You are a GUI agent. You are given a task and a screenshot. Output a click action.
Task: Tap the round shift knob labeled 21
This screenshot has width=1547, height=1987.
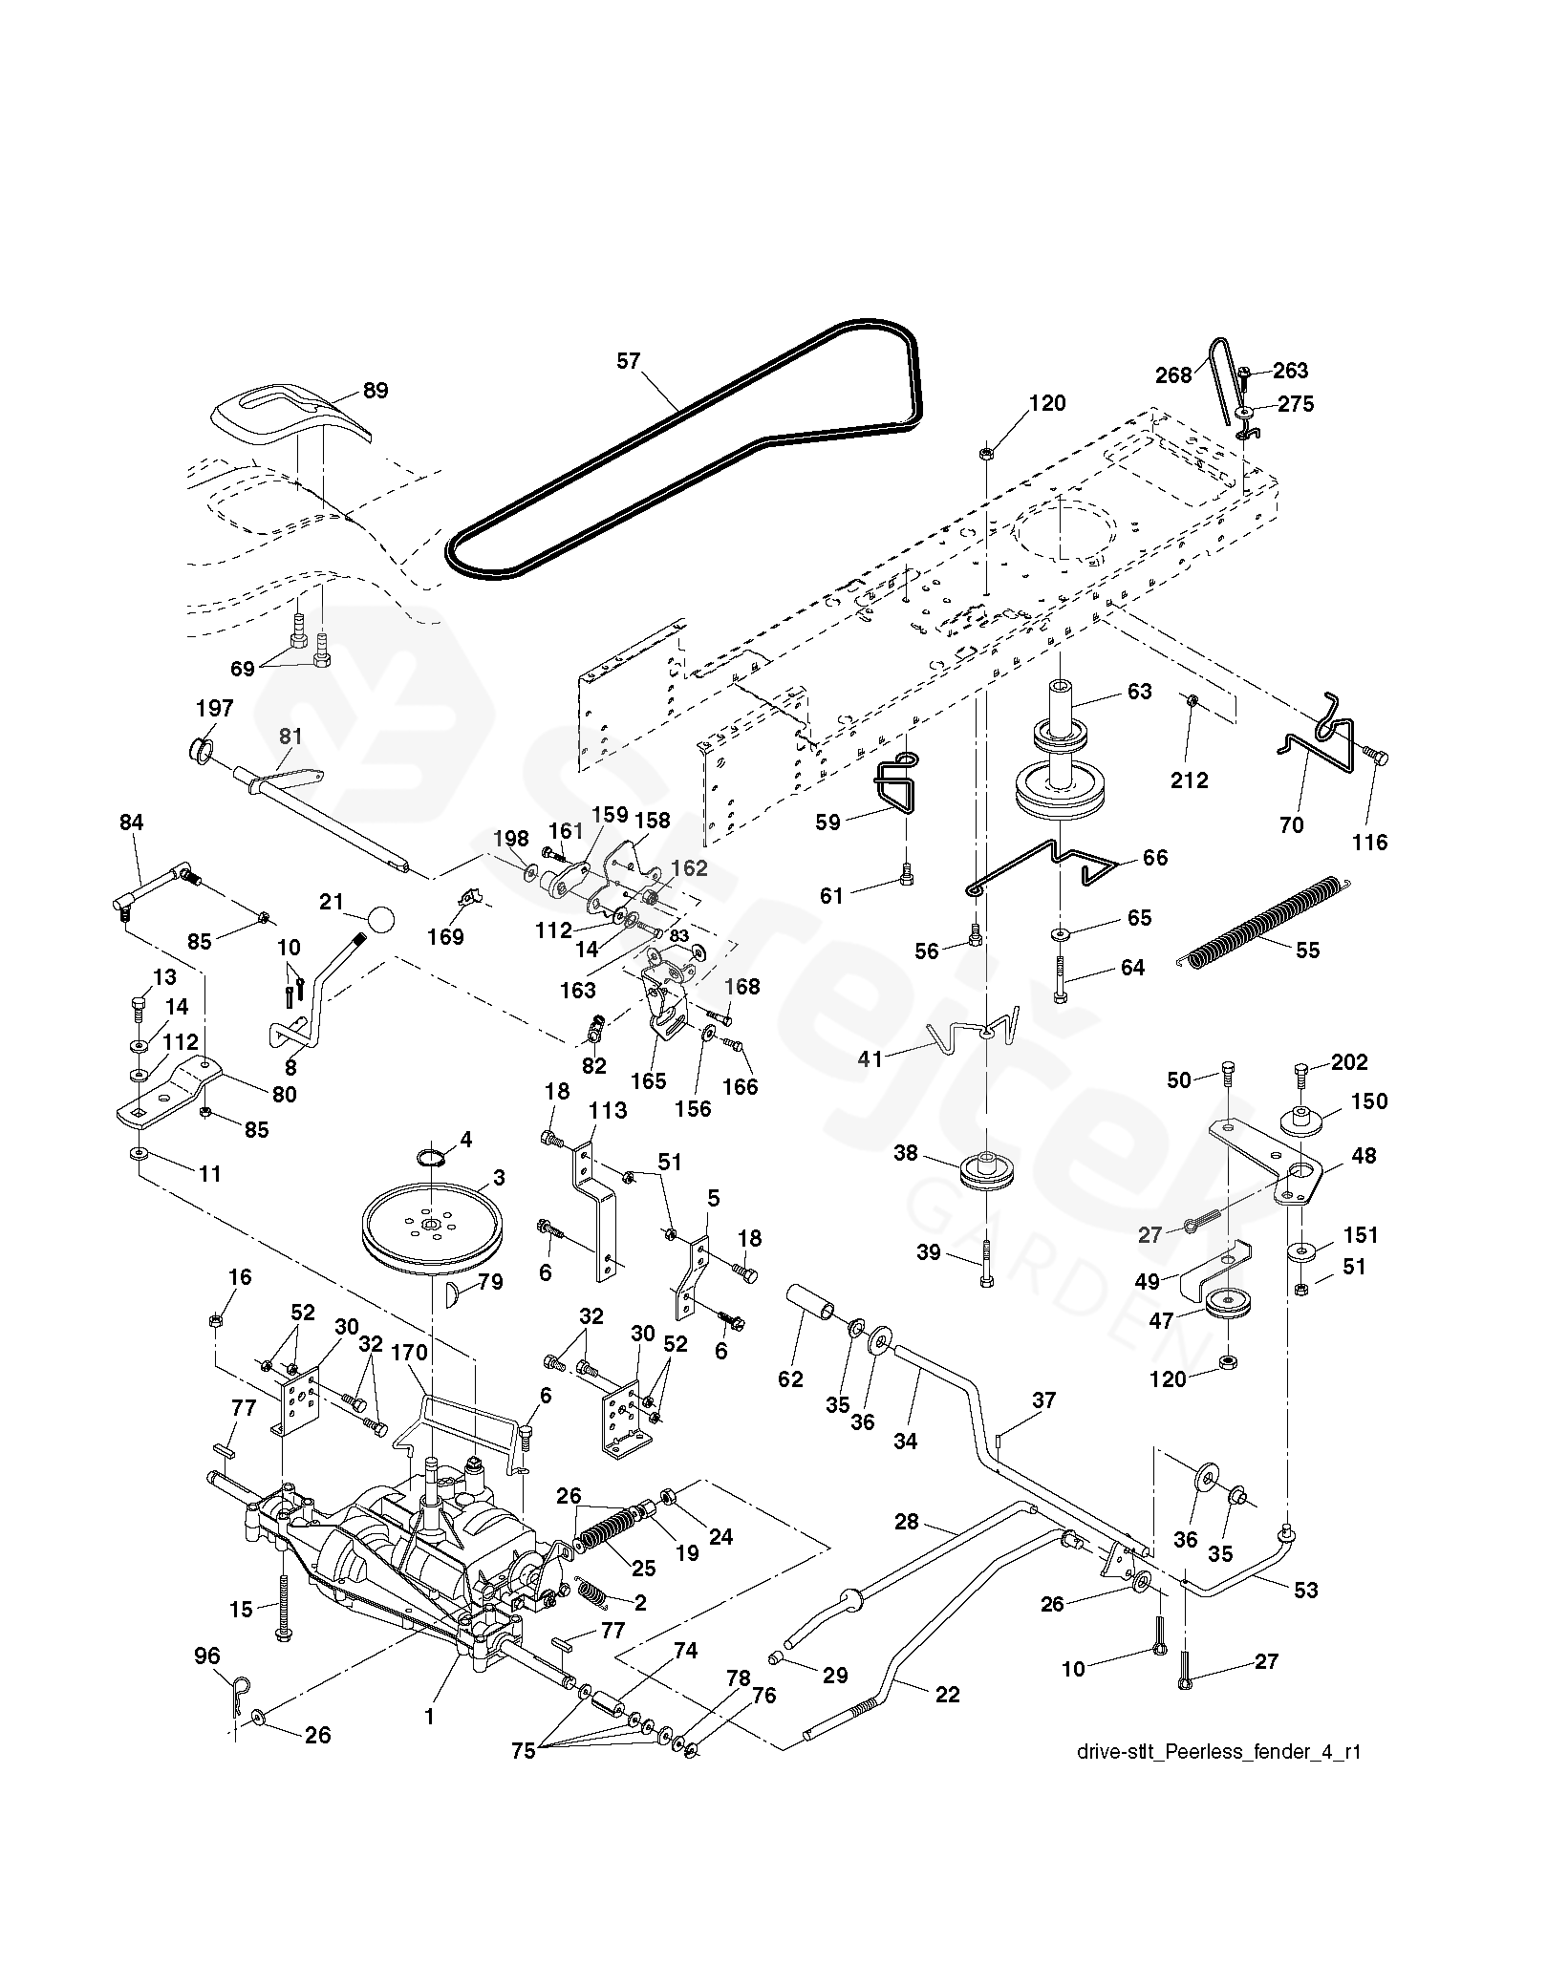pos(378,919)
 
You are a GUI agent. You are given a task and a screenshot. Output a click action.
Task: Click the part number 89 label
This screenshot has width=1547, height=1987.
pos(376,390)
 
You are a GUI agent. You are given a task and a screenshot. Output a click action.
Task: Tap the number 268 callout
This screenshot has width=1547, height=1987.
pos(1173,374)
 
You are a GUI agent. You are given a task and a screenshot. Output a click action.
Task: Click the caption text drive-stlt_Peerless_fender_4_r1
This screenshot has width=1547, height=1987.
pos(1218,1752)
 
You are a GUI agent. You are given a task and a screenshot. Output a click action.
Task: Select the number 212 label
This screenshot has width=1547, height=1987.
pos(1190,780)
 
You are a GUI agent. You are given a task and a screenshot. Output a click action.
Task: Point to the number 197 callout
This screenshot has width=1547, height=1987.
pos(214,708)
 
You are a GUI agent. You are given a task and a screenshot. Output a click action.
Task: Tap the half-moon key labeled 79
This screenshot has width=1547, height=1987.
pos(455,1296)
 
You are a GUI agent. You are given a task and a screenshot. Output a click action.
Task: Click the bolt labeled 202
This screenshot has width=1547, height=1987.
pos(1303,1074)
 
